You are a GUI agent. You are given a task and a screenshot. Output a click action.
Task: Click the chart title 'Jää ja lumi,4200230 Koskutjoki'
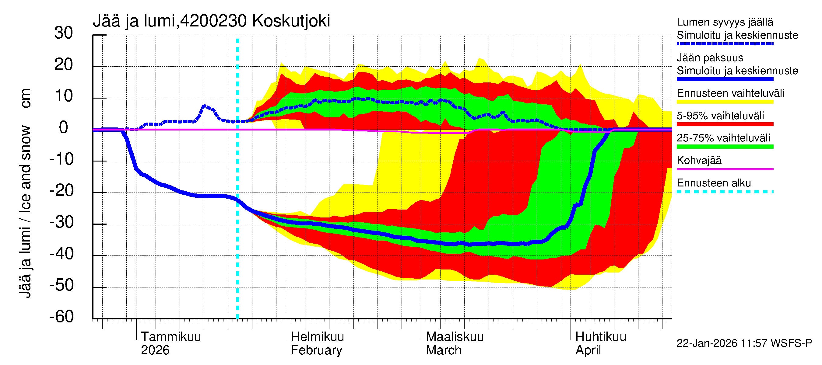pos(211,21)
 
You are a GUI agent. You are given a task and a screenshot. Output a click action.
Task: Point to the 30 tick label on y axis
pos(64,33)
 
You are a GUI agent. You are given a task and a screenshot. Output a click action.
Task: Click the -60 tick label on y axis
pos(61,317)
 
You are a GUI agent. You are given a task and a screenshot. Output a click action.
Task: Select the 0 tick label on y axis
pos(64,128)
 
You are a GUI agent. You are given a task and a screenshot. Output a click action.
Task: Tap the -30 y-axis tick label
pos(61,222)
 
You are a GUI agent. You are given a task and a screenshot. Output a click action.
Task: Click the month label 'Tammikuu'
pos(171,337)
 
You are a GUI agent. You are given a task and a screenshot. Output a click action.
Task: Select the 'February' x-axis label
pos(316,350)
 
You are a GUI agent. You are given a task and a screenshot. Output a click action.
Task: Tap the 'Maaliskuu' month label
pos(455,337)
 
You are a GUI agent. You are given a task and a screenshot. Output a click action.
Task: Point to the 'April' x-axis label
pos(588,350)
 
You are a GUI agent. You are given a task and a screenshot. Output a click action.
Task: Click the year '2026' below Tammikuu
pos(155,350)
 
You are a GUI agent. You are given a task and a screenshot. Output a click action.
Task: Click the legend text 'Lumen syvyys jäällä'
pos(725,22)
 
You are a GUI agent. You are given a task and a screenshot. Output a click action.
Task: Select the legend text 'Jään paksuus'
pos(710,58)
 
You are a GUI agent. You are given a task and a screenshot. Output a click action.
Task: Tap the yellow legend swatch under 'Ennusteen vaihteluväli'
pos(725,102)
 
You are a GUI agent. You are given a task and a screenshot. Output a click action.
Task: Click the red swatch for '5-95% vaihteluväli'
pos(725,124)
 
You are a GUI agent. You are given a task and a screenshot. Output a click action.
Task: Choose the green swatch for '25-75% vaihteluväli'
pos(725,147)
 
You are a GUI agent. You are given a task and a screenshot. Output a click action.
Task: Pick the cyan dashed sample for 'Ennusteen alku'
pos(725,192)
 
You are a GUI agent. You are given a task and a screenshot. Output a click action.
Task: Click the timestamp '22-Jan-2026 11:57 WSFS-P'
pos(744,343)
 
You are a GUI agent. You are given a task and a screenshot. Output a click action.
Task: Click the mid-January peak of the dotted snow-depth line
pos(205,106)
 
